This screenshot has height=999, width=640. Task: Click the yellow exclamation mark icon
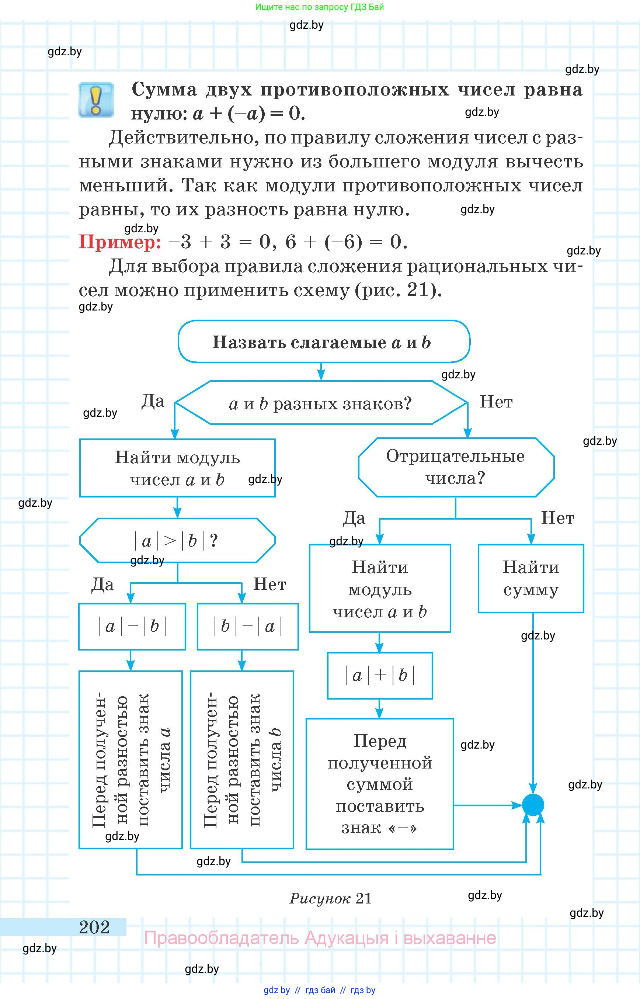(x=96, y=100)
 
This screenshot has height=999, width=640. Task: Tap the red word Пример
(x=120, y=242)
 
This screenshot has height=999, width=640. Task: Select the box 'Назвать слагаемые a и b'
(x=324, y=342)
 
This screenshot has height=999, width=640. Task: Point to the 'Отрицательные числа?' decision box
(x=456, y=467)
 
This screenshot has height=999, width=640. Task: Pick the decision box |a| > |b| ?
(x=177, y=541)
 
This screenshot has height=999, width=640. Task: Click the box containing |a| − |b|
(x=132, y=627)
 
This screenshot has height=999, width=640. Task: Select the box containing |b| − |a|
(x=248, y=627)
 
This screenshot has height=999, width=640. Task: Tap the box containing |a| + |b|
(x=380, y=676)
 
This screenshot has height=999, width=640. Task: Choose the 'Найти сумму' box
(x=531, y=578)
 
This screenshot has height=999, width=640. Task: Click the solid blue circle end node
(x=533, y=805)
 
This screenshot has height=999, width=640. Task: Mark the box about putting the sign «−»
(x=380, y=784)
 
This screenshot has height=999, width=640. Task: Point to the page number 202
(x=94, y=927)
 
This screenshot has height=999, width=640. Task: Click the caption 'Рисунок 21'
(x=330, y=898)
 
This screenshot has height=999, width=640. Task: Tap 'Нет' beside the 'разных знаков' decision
(x=496, y=402)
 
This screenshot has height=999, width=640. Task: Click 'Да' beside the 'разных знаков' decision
(x=153, y=401)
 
